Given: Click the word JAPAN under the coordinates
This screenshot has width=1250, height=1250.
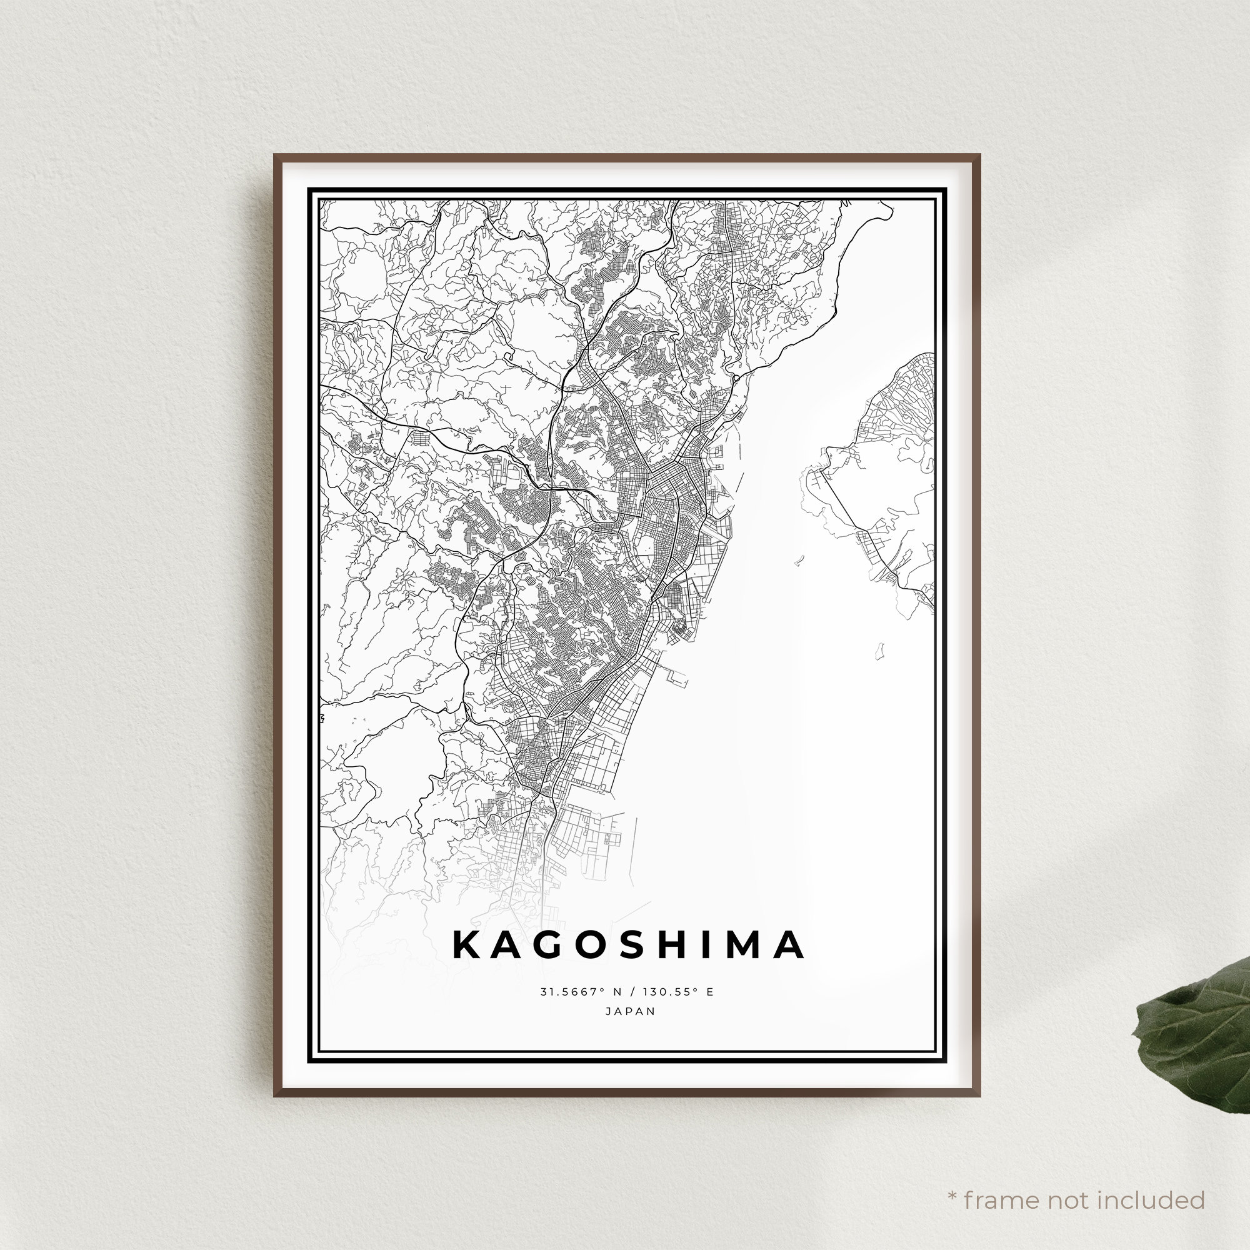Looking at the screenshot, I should coord(630,1011).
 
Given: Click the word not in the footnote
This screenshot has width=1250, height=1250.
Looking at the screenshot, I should coord(1064,1182).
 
